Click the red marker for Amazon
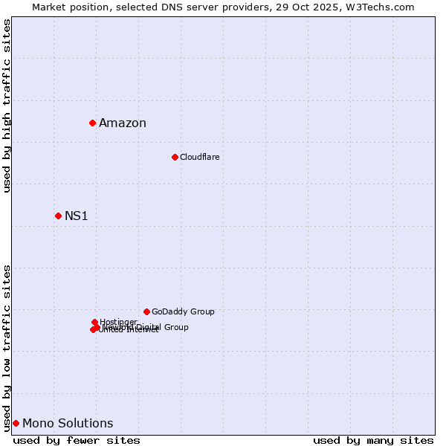(x=92, y=123)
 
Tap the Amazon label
(x=123, y=123)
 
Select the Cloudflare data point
(x=175, y=157)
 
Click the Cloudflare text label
(x=199, y=158)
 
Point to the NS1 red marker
(x=58, y=216)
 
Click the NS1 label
(x=77, y=216)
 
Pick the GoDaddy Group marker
(x=146, y=311)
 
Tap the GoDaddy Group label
(x=183, y=312)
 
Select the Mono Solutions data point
(x=16, y=423)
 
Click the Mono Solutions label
(x=68, y=424)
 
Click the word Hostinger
(x=118, y=322)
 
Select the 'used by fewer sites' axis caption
(x=77, y=441)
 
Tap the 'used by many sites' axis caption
(x=373, y=441)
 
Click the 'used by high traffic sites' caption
(x=7, y=106)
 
